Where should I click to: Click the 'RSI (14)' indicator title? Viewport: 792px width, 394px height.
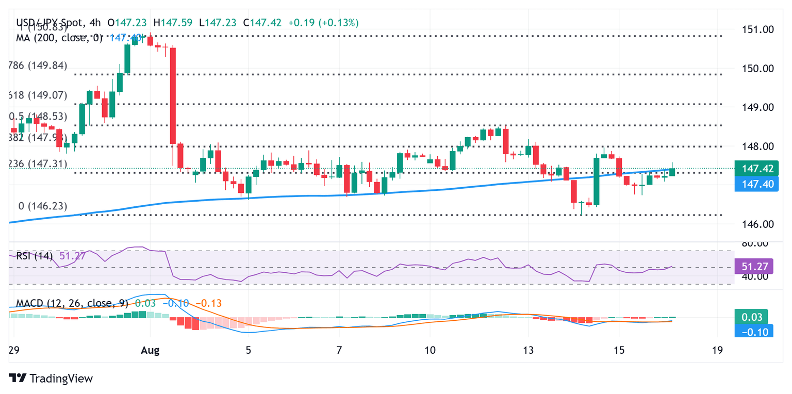(x=34, y=256)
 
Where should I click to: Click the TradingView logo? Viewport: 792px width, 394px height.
(x=51, y=378)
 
